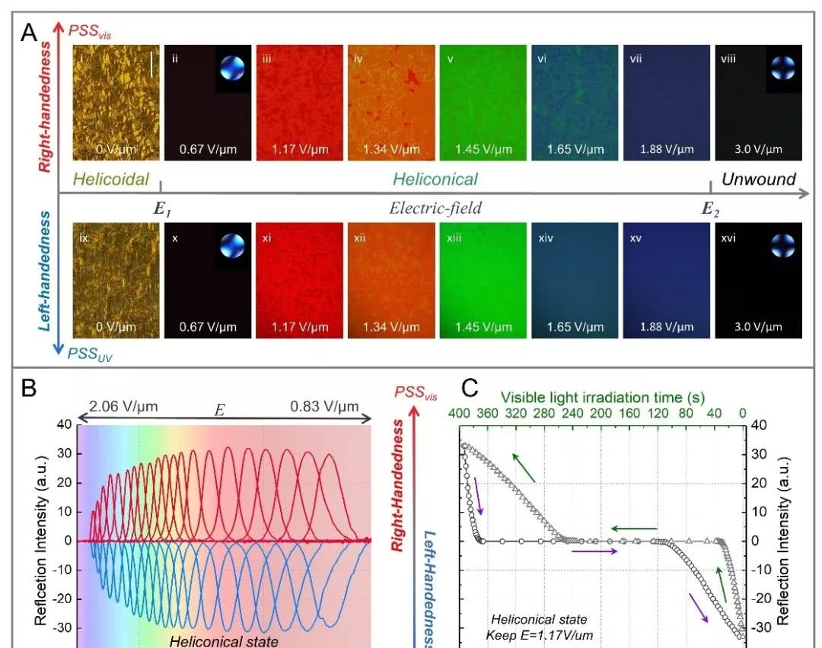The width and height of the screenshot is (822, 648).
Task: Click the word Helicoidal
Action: pyautogui.click(x=113, y=180)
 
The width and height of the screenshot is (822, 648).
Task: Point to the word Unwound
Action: pyautogui.click(x=758, y=179)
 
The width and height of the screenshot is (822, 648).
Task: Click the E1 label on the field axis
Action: pyautogui.click(x=161, y=208)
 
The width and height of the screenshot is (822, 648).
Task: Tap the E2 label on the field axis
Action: pyautogui.click(x=711, y=208)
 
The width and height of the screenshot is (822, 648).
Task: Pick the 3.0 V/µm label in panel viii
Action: pyautogui.click(x=758, y=149)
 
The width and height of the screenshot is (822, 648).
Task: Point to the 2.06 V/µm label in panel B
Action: pyautogui.click(x=123, y=406)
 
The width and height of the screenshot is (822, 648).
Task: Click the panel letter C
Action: pyautogui.click(x=470, y=389)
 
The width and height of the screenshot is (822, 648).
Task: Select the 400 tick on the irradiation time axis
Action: pyautogui.click(x=459, y=413)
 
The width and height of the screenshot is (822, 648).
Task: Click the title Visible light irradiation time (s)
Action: pyautogui.click(x=602, y=397)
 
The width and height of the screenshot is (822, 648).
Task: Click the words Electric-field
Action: pyautogui.click(x=435, y=208)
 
